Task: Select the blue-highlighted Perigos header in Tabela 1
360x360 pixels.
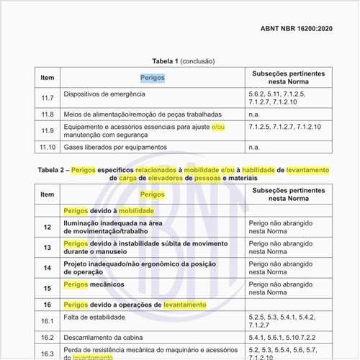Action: click(152, 77)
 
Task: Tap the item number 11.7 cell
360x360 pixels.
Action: click(47, 95)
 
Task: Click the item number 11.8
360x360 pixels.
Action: click(47, 114)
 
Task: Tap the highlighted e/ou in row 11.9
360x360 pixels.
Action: click(217, 127)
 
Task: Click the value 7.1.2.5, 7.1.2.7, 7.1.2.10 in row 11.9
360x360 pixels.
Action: click(284, 127)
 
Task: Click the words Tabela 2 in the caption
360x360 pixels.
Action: click(52, 170)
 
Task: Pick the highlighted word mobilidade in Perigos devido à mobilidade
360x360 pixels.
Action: click(137, 210)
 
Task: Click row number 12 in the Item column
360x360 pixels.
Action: click(47, 228)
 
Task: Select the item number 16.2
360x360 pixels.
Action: click(47, 337)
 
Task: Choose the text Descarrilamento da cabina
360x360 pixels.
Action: click(108, 337)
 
